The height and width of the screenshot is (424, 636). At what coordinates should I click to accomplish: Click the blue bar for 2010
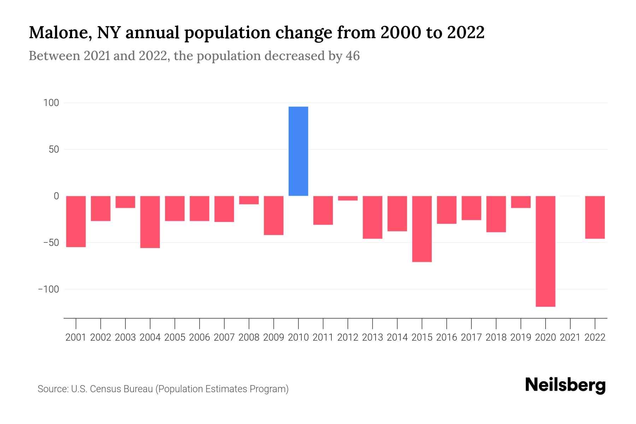coord(298,151)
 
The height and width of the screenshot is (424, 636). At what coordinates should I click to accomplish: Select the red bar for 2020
coord(545,251)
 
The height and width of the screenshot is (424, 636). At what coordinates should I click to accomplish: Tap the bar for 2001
coord(76,221)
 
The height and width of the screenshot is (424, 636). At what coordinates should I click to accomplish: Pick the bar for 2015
coord(422,229)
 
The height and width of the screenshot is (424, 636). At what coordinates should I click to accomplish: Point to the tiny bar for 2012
coord(348,198)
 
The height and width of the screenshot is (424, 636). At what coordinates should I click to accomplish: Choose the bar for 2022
coord(595,217)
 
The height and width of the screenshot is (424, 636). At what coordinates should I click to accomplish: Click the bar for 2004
coord(150,222)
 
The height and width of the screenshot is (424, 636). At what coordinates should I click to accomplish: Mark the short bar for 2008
coord(249,200)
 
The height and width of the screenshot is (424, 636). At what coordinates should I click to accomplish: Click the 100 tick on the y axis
coord(51,103)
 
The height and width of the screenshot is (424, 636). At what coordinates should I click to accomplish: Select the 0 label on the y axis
coord(56,196)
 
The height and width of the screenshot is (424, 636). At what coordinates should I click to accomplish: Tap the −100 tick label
coord(49,289)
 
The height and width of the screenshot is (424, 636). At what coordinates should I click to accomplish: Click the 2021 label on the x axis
coord(570,337)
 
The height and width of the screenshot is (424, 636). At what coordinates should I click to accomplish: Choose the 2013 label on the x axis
coord(372,337)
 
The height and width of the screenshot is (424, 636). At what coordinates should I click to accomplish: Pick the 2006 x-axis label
coord(200,337)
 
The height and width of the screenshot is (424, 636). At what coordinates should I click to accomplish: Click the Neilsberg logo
coord(565,385)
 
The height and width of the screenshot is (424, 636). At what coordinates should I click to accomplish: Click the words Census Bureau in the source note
coord(121,389)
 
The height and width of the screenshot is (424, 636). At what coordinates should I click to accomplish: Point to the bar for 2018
coord(496,214)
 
